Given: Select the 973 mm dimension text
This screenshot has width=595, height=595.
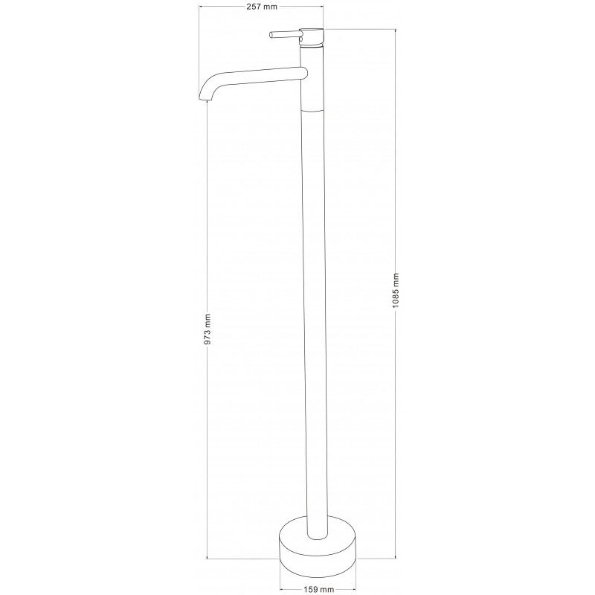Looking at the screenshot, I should click(208, 329).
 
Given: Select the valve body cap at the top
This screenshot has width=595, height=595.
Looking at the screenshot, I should click(312, 37).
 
